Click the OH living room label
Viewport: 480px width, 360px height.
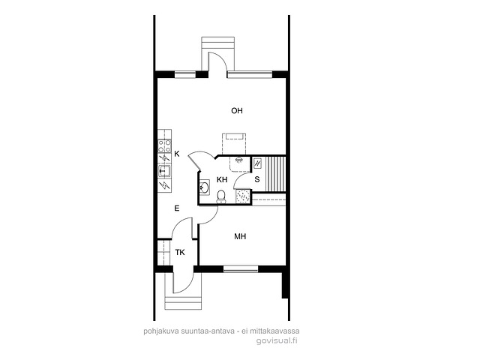coord(237,110)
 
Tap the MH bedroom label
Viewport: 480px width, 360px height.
coord(240,236)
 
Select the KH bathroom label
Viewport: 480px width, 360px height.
coord(222,180)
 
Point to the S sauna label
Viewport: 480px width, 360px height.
coord(257,180)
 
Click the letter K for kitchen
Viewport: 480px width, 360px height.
coord(177,154)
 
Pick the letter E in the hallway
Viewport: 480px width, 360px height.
coord(177,208)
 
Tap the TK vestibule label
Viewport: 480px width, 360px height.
coord(180,253)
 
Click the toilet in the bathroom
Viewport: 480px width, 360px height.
coord(221,196)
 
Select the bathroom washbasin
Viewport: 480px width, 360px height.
coord(204,187)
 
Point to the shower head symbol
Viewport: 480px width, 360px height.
coord(238,160)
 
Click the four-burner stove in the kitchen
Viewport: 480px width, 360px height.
coord(165,146)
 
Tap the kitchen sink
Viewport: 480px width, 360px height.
coord(165,171)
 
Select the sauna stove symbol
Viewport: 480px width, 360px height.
coord(258,163)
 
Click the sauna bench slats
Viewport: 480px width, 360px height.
coord(275,174)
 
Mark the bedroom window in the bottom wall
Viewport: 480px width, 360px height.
coord(241,268)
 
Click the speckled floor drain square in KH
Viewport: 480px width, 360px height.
coord(243,196)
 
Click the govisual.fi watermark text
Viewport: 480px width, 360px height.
coord(277,340)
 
